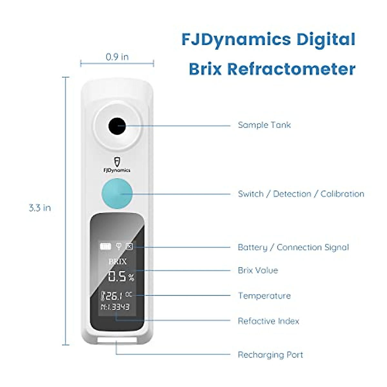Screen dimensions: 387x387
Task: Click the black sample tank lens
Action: point(117,126)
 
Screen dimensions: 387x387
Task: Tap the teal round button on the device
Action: point(117,193)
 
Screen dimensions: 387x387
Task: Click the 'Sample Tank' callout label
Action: point(264,125)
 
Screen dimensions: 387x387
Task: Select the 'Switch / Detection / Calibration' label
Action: point(301,194)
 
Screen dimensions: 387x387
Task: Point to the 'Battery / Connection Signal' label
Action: point(293,247)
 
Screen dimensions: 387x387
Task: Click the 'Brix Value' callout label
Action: point(258,270)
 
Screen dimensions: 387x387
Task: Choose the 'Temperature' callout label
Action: point(264,296)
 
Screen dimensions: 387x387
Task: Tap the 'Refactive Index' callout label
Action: point(269,321)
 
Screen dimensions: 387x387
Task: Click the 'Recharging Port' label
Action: point(270,355)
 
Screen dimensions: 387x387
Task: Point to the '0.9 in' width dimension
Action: point(117,57)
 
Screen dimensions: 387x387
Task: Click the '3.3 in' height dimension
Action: point(40,208)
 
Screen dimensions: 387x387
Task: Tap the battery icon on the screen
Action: point(105,246)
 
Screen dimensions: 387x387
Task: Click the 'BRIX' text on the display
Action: point(117,262)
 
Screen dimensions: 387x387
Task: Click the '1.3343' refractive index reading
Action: point(118,307)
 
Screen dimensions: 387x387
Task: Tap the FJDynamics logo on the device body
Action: point(117,165)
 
